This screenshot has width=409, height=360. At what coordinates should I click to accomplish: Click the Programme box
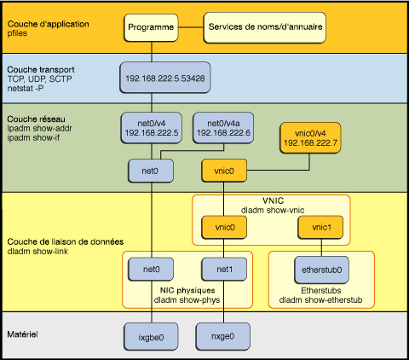pos(152,27)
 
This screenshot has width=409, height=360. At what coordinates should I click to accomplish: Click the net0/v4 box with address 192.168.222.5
pos(150,127)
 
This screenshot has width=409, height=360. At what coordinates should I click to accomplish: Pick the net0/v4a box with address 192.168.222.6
pos(221,127)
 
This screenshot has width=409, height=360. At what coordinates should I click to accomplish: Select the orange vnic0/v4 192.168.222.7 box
pos(308,137)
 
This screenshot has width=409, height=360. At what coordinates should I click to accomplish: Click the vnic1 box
pos(317,228)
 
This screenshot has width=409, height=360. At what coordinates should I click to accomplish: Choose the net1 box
pos(225,271)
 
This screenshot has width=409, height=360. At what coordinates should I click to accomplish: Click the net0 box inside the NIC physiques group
pos(153,271)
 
